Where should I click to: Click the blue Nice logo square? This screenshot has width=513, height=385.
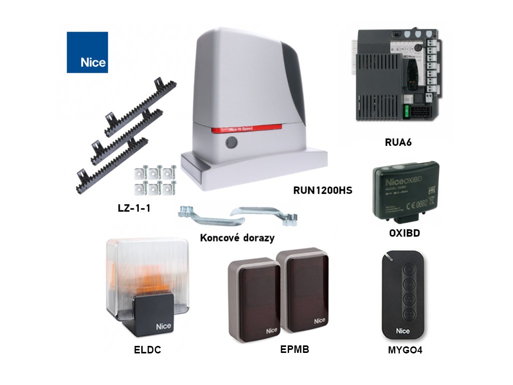pos(87,52)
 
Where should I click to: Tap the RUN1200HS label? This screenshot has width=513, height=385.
pos(323,190)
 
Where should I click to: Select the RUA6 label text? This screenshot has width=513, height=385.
pos(398,142)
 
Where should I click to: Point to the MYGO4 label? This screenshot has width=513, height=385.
pos(405,350)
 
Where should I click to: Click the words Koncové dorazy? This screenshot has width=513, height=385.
pos(237,238)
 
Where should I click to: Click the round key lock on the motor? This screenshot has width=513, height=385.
pos(231,143)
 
